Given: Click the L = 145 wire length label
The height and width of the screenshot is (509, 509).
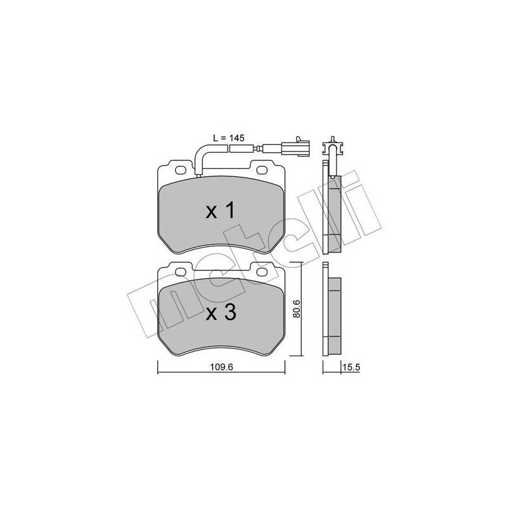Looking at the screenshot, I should click(227, 137).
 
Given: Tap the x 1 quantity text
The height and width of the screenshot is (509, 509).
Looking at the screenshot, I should click(221, 212).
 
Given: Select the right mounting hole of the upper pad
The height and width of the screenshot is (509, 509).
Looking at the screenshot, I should click(261, 171).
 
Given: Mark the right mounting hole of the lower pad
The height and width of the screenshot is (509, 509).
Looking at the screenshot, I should click(261, 272).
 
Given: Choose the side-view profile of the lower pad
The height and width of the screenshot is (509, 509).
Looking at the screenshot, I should click(332, 310).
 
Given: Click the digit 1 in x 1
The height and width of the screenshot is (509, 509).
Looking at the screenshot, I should click(231, 212).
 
